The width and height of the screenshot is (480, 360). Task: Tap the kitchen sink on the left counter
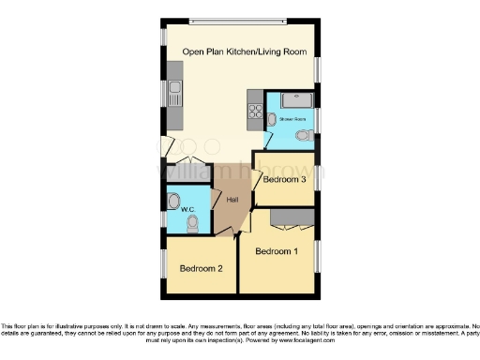[x=174, y=93]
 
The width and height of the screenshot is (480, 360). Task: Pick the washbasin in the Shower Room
[x=271, y=119]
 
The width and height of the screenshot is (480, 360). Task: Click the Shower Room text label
[x=293, y=120]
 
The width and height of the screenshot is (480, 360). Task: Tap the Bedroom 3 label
[x=284, y=179]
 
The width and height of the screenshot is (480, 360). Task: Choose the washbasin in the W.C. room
[x=172, y=200]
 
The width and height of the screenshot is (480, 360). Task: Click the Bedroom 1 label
[x=277, y=251]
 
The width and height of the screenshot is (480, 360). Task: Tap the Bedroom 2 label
[x=201, y=269]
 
